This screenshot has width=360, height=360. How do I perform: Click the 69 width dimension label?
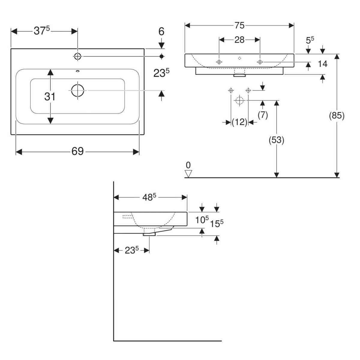77,151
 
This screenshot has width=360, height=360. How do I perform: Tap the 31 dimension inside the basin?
50,97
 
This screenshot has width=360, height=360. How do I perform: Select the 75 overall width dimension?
239,26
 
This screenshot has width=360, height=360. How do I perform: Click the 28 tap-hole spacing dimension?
239,40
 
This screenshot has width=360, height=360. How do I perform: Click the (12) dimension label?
239,122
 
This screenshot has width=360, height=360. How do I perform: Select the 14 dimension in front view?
323,64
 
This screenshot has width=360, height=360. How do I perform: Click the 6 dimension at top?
161,31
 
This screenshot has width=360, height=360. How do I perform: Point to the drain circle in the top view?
78,90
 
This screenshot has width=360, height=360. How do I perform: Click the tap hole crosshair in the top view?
78,56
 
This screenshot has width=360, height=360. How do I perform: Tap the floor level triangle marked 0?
188,173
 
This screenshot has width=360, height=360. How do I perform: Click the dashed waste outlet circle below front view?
239,100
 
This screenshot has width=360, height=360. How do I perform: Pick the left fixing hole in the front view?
219,62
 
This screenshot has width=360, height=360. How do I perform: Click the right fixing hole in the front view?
260,62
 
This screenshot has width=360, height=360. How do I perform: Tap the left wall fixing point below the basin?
231,90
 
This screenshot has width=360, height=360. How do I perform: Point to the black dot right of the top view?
162,56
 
